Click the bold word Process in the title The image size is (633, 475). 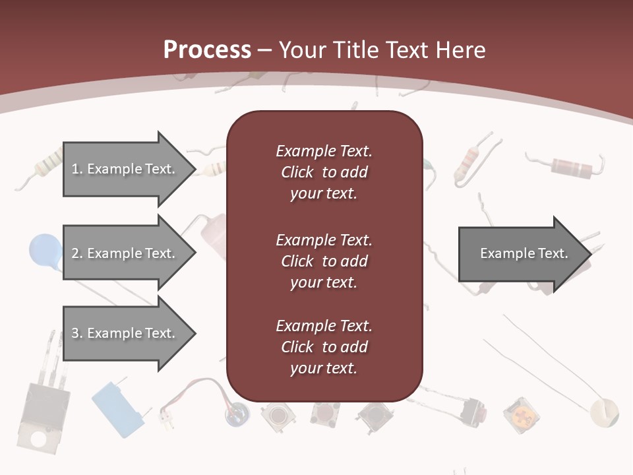coord(207,50)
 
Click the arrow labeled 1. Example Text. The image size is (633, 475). coord(125,169)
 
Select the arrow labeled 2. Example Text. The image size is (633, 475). coord(125,253)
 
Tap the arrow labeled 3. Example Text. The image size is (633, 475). coord(125,333)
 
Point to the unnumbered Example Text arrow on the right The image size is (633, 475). coord(524,253)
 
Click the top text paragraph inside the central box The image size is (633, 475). coord(324,172)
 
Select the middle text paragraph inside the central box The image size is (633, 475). coord(324,261)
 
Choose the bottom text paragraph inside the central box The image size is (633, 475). coord(324,347)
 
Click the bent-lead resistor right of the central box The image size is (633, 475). coord(469,159)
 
